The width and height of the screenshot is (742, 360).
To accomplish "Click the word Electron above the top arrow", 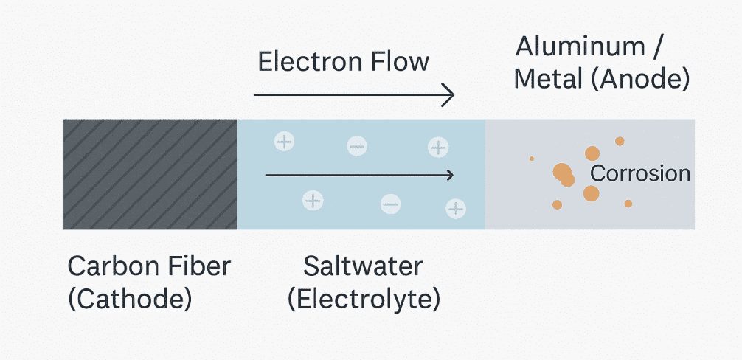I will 303,61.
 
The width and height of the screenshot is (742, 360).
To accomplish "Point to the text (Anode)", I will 640,78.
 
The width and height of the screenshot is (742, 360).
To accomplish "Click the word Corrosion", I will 640,174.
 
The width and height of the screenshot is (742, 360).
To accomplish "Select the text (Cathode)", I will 130,299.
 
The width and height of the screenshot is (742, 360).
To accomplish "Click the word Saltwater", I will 363,266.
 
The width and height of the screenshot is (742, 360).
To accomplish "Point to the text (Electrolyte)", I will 364,299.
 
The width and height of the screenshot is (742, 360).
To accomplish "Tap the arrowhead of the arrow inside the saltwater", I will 447,175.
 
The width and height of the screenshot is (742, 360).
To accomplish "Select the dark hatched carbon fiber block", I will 150,174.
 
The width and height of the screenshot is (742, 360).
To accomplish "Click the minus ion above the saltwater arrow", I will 357,148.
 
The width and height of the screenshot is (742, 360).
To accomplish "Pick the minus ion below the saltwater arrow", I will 391,204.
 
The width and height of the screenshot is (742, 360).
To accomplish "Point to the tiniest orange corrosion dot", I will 531,158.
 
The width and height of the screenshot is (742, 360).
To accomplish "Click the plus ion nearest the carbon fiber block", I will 284,141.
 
